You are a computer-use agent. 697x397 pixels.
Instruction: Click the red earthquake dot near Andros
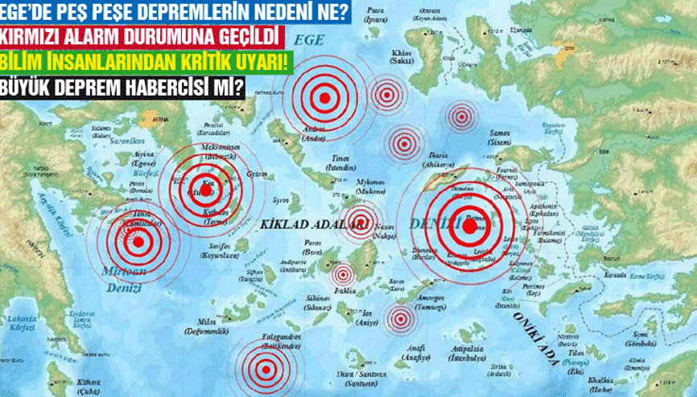coord(324,98)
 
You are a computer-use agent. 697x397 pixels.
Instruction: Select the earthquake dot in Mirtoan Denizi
coord(138,240)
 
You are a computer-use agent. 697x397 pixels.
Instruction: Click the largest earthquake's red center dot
coord(469,226)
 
